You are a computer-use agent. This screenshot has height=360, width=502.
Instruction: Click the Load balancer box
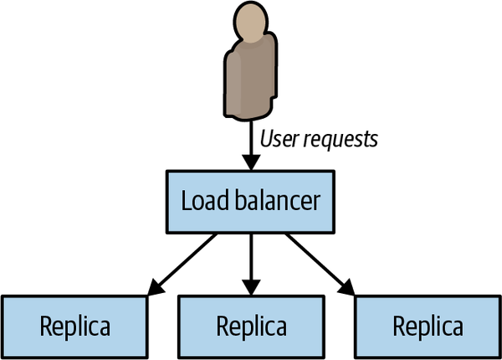[x=249, y=202]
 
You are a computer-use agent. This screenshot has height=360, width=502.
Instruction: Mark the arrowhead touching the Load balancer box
[x=249, y=164]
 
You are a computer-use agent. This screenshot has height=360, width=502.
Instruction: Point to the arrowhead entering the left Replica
[x=154, y=290]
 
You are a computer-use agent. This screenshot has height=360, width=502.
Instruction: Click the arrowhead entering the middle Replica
[x=249, y=289]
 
